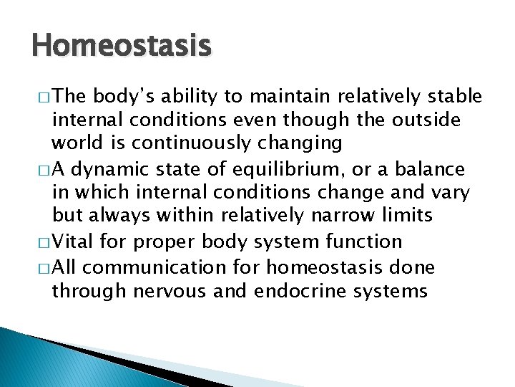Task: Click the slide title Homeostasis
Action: point(122,47)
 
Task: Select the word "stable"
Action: point(456,97)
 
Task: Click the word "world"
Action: point(77,143)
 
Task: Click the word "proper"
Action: point(161,242)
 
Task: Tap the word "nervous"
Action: point(188,291)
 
